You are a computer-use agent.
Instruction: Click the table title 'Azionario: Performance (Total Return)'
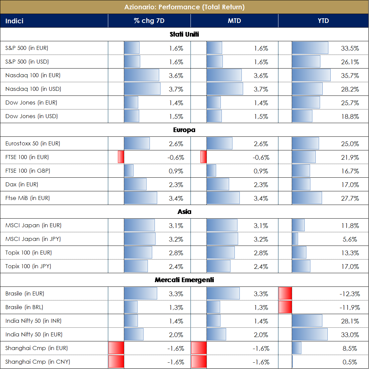pos(184,7)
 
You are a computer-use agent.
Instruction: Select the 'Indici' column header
pos(14,21)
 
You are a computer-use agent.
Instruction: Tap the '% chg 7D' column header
pos(149,21)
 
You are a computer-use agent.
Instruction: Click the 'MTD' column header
pos(234,21)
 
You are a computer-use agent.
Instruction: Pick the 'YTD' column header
pos(323,21)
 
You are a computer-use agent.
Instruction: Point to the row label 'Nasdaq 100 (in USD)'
pos(33,89)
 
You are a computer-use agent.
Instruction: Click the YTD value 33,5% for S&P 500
pos(350,48)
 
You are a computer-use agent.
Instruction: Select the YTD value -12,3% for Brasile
pos(350,294)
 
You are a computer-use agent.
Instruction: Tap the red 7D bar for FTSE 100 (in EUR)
pos(121,157)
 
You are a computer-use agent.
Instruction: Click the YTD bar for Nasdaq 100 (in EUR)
pos(311,76)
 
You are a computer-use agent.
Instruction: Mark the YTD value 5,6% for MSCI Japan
pos(350,239)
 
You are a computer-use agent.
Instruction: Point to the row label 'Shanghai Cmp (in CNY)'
pos(38,362)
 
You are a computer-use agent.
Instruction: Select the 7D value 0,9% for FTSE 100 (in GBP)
pos(176,171)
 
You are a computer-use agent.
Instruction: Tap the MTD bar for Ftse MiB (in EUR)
pos(223,198)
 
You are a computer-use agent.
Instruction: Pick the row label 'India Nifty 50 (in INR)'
pos(33,321)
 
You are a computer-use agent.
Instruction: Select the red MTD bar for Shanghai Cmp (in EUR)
pos(199,348)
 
